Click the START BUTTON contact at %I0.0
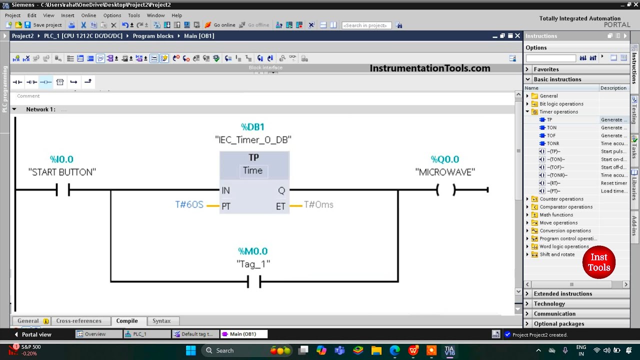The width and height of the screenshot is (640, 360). [62, 190]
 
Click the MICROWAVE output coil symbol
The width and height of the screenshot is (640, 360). [445, 190]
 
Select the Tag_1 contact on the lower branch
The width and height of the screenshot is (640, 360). [254, 282]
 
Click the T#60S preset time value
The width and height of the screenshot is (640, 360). [189, 204]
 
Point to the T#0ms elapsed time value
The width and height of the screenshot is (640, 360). [318, 204]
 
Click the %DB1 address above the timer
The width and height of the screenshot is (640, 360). [252, 127]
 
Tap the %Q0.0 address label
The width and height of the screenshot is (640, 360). [444, 159]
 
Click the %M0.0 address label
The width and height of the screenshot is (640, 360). [252, 251]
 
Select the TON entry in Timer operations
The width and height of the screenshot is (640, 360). [551, 127]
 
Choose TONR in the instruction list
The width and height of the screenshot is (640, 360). [552, 143]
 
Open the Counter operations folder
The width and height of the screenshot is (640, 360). [561, 199]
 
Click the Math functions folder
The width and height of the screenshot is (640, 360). [556, 215]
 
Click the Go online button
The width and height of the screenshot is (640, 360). [220, 25]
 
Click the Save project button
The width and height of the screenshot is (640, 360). [43, 25]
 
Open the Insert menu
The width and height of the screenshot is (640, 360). [67, 15]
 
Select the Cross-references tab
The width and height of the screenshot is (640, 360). [78, 321]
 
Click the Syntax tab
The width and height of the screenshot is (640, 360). [161, 321]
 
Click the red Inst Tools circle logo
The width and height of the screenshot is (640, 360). [598, 262]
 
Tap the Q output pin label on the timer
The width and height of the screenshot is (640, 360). [281, 190]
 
